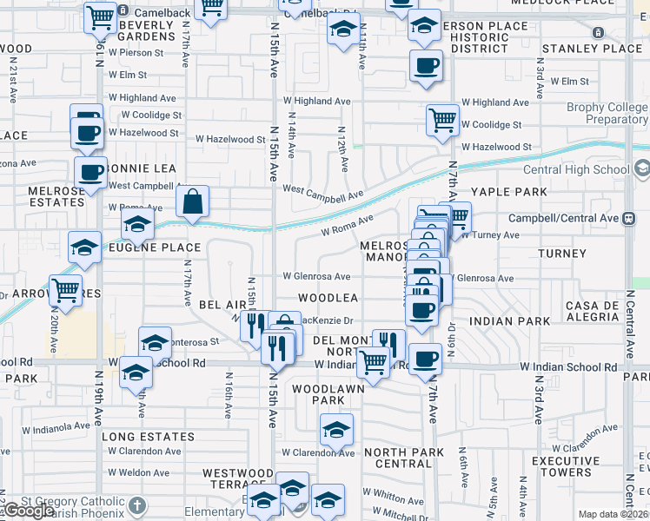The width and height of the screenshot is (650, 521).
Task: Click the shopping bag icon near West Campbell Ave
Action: [192, 201]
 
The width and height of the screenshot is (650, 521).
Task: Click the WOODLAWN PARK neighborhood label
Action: [328, 394]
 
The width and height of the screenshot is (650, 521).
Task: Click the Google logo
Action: [28, 511]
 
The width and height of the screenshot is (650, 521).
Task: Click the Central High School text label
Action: [577, 168]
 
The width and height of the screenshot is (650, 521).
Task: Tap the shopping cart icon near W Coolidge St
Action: [442, 120]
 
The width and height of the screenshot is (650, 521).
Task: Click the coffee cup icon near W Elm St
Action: [426, 66]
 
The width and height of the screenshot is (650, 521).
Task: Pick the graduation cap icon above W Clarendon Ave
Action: [336, 429]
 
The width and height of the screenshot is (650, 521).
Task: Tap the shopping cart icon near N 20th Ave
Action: [66, 291]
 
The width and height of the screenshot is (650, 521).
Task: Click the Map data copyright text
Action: [614, 514]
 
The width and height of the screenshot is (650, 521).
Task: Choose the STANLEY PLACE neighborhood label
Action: [591, 49]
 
